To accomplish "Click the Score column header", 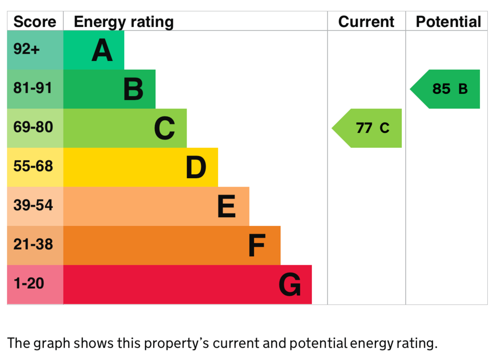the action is pos(35,22).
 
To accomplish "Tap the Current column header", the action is pos(366,22).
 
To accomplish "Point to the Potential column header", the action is pos(448,22).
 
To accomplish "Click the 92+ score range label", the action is pos(27,49).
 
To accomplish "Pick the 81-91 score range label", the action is pos(33,88).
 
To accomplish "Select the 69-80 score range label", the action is pos(33,127).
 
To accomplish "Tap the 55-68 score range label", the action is pos(33,166).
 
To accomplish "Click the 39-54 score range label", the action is pos(33,205).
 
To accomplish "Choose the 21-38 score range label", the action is pos(33,245).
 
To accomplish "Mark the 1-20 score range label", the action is pos(29,283).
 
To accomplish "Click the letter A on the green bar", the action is pos(102,50).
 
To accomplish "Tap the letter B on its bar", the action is pos(134,89).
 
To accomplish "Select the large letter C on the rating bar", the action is pos(165,128).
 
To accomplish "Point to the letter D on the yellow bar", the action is pos(196,167).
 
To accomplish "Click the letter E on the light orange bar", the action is pos(226,206).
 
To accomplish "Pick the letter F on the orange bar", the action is pos(257,246).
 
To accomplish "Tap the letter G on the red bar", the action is pos(290,284).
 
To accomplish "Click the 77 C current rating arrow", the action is pos(366,128).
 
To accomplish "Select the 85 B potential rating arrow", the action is pos(445,89).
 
